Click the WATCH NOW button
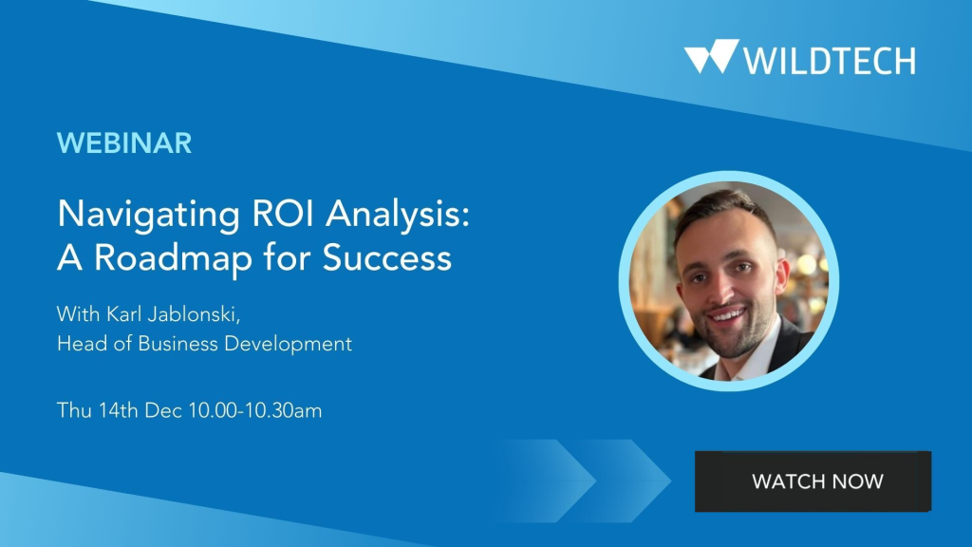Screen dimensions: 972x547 click(813, 481)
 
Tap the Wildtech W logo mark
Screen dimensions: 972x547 click(712, 56)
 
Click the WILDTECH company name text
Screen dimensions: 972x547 click(830, 61)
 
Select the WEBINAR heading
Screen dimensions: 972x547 click(124, 143)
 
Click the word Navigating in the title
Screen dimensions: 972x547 click(148, 216)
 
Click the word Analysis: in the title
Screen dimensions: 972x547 click(398, 216)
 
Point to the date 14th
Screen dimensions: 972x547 click(119, 410)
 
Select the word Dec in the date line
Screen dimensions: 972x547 click(163, 410)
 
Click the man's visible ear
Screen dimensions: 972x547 click(783, 274)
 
